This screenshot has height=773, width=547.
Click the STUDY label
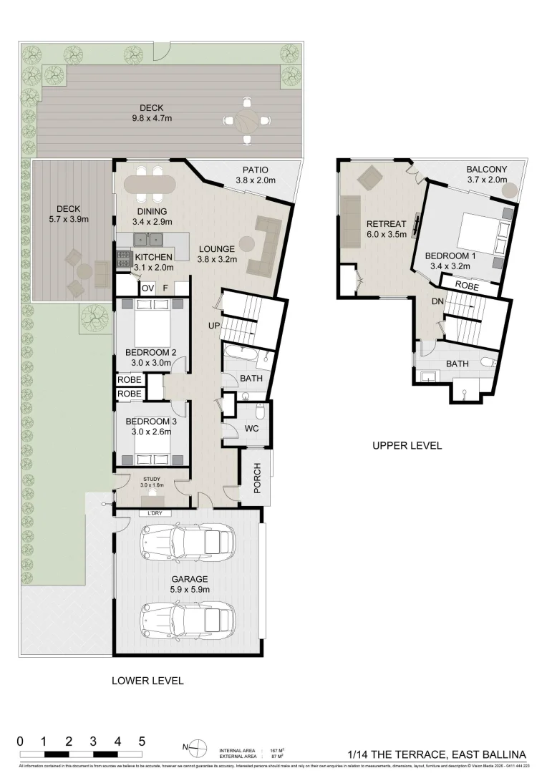[151, 479]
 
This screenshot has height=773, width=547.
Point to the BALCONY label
[486, 170]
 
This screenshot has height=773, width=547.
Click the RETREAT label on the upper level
[386, 223]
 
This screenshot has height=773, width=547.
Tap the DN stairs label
[437, 302]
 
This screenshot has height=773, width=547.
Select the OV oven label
[147, 288]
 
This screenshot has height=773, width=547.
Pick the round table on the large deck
[247, 120]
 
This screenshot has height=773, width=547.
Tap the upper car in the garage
[188, 542]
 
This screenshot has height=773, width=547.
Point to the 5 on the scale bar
[142, 741]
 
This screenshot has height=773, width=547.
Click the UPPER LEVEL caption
[407, 445]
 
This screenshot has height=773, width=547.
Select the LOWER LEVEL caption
[147, 681]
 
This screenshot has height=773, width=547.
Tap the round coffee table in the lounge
[247, 243]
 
